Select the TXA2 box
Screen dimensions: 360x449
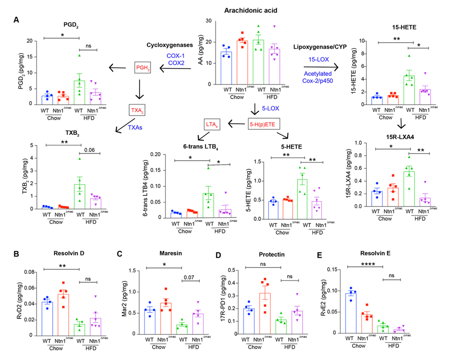point(137,109)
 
